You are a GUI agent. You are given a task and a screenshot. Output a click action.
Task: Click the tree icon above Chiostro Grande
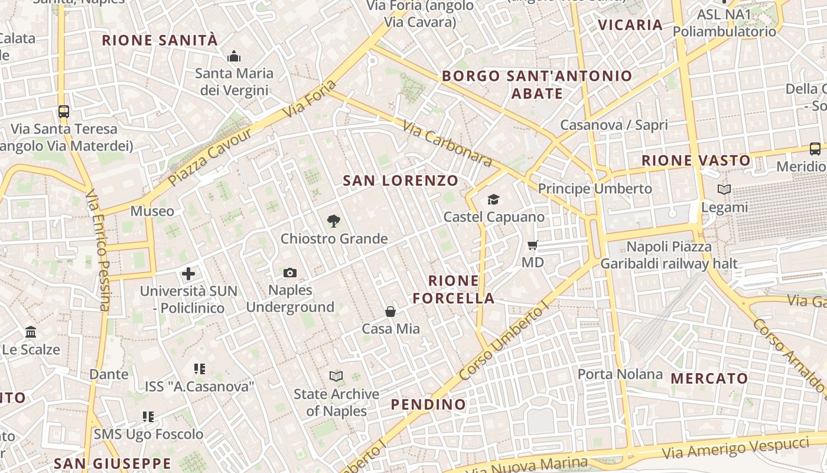coord(334,222)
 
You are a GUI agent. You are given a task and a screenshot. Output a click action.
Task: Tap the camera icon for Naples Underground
coord(290,273)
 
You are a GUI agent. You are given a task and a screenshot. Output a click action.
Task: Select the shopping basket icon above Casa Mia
coord(390,311)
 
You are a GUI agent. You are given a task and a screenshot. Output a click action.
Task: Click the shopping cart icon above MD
coord(532,245)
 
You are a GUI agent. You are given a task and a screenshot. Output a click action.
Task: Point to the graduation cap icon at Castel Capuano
coord(493,200)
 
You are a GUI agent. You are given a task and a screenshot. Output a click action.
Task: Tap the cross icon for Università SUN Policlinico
coord(188,274)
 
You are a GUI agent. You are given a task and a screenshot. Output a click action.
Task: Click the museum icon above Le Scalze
coord(31,332)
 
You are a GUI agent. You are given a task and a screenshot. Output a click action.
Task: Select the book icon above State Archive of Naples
coord(336,376)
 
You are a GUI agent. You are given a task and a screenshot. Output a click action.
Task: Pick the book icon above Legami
coord(724,190)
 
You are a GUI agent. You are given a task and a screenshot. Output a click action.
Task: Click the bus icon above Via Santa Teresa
coord(64,111)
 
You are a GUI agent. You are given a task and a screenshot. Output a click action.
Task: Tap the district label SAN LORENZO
coord(401,180)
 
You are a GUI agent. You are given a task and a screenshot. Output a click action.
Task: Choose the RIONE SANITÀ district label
coord(160,40)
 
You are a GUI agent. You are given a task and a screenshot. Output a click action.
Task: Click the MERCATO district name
coord(709,378)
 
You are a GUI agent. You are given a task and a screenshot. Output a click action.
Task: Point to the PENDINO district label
coord(428,404)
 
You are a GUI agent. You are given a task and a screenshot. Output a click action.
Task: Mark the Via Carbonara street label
coord(447,144)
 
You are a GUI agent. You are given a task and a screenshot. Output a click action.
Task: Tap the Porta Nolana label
coord(620,374)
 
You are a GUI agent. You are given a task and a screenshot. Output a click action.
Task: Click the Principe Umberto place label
coord(594,189)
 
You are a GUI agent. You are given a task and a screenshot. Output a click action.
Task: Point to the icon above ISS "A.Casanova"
coord(200,369)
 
